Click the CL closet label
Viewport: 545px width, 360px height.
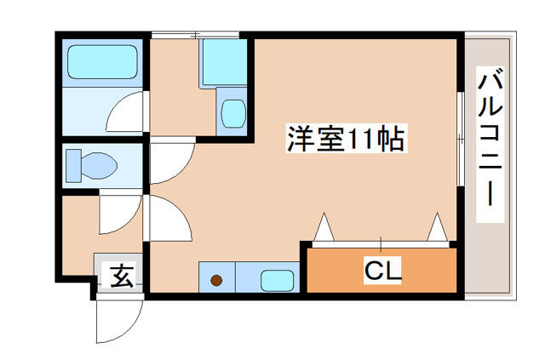click(x=382, y=271)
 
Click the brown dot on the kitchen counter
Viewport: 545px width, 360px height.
click(x=216, y=279)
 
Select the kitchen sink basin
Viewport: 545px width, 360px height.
click(x=276, y=279)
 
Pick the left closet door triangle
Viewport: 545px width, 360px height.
click(x=325, y=227)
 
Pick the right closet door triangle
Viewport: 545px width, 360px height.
click(x=438, y=227)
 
